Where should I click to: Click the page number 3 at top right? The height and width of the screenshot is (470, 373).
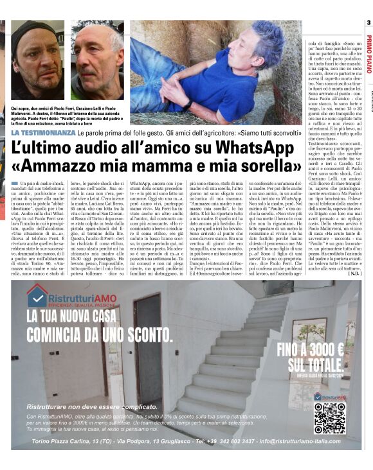pyautogui.click(x=368, y=24)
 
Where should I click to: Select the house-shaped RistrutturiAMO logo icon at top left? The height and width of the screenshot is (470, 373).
pyautogui.click(x=38, y=295)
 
